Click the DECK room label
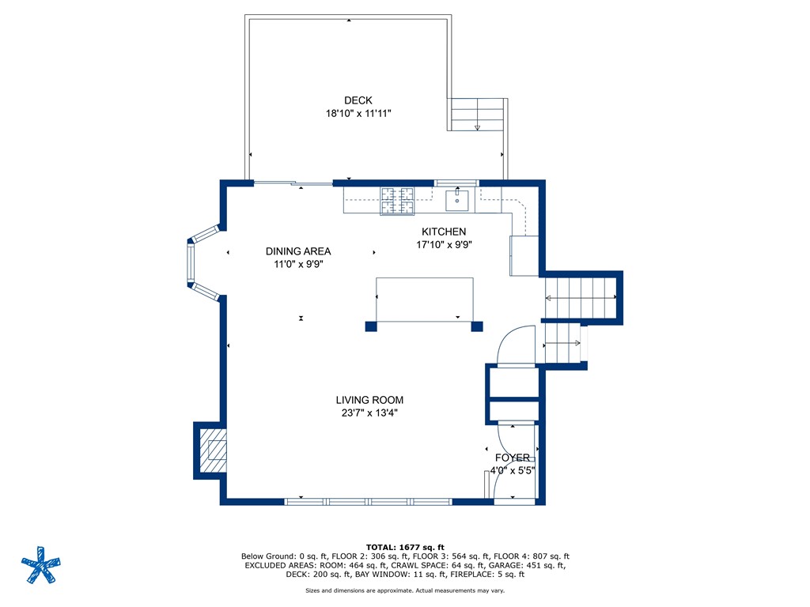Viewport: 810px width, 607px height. pos(358,100)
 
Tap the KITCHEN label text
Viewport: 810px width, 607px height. pos(444,232)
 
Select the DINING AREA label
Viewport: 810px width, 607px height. pos(298,251)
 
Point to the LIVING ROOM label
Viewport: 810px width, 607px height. pos(369,400)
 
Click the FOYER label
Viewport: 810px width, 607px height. pos(513,458)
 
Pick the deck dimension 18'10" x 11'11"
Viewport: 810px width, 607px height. pos(358,113)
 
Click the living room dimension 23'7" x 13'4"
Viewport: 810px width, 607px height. pos(369,413)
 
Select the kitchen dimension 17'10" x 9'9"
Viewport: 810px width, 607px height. pos(445,245)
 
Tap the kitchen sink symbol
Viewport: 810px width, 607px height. pos(457,200)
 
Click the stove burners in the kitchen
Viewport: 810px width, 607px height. pos(397,201)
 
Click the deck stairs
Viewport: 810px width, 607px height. pos(477,115)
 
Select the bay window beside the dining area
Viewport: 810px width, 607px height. pos(203,262)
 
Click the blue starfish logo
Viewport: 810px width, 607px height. pos(41,564)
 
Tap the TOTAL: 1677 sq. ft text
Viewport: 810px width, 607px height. pos(405,547)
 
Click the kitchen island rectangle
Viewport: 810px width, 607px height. pos(424,300)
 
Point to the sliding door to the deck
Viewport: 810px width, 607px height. pos(293,183)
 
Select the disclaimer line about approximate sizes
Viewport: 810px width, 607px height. pos(405,590)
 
